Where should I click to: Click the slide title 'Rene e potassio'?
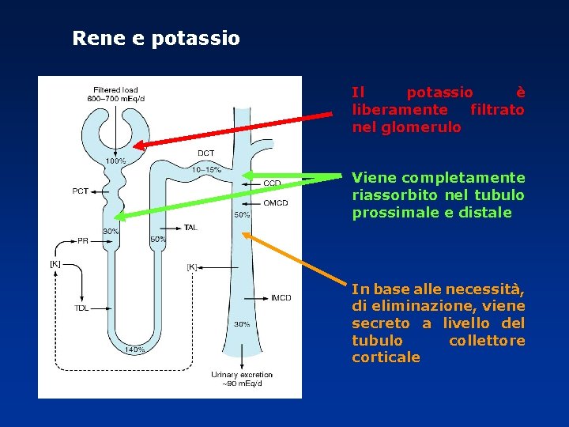[x=156, y=38]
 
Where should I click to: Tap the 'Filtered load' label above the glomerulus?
[x=115, y=89]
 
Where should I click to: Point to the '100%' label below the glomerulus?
[x=115, y=161]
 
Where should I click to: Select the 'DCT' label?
[x=205, y=153]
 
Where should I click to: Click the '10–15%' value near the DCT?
[x=206, y=168]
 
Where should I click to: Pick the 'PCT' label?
[x=80, y=191]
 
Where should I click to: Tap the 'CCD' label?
[x=272, y=183]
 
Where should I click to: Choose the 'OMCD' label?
[x=276, y=203]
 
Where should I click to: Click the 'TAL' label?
[x=190, y=228]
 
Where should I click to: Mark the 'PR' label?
[x=83, y=240]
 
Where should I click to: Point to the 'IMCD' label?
[x=281, y=298]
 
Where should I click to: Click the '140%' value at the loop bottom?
[x=135, y=349]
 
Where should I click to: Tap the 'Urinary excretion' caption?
[x=242, y=374]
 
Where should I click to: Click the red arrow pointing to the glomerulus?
[x=237, y=131]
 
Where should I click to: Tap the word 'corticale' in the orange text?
[x=386, y=357]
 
